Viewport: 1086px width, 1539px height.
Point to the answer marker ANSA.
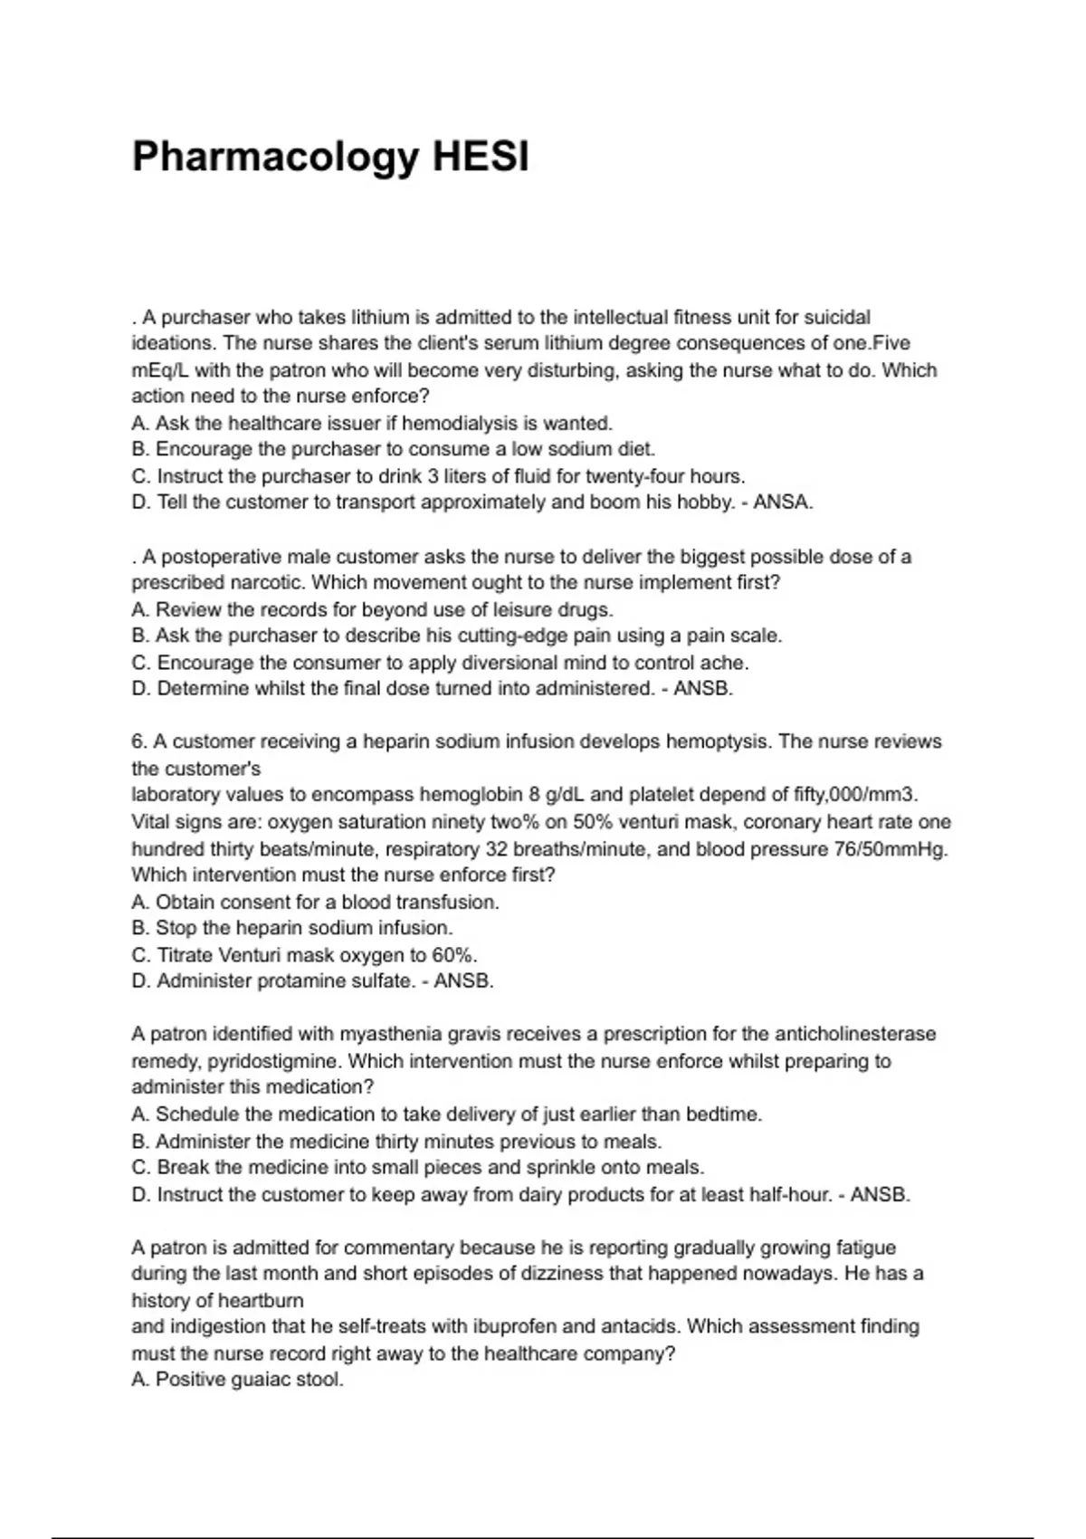point(783,502)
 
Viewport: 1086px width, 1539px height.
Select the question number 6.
point(139,741)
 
